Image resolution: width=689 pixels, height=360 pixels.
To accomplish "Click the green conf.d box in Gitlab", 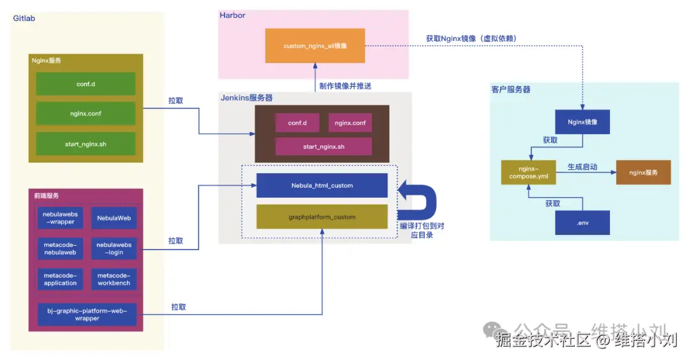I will click(85, 84).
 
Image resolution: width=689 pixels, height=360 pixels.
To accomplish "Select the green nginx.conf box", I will click(85, 114).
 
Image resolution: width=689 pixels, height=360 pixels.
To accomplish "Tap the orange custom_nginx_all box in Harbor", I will click(315, 46).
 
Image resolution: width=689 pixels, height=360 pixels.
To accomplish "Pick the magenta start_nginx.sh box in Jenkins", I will click(323, 147).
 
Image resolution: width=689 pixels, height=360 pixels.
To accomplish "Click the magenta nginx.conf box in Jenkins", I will click(350, 123).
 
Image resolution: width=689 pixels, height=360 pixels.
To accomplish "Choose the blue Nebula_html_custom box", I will click(322, 185).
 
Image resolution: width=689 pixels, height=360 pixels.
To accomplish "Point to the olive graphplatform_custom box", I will click(322, 217).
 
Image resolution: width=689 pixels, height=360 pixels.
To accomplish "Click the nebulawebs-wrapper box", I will click(60, 218).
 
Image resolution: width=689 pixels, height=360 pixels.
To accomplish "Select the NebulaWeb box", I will click(114, 218).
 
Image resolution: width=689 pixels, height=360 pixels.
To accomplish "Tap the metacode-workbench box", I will click(114, 279).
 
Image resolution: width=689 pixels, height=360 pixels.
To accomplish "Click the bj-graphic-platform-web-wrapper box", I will click(87, 314).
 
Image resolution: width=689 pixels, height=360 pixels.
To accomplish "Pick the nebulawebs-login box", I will click(114, 248).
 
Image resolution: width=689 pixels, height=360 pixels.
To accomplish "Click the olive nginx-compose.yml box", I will click(528, 172).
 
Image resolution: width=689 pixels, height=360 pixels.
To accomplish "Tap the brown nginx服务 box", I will click(643, 172).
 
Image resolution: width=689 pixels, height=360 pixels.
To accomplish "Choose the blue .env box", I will click(582, 223).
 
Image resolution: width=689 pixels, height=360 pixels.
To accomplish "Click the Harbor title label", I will click(233, 15).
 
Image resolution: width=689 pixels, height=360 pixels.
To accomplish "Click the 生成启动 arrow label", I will click(582, 167).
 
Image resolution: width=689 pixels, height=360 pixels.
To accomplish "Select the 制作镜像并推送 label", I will click(345, 86).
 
